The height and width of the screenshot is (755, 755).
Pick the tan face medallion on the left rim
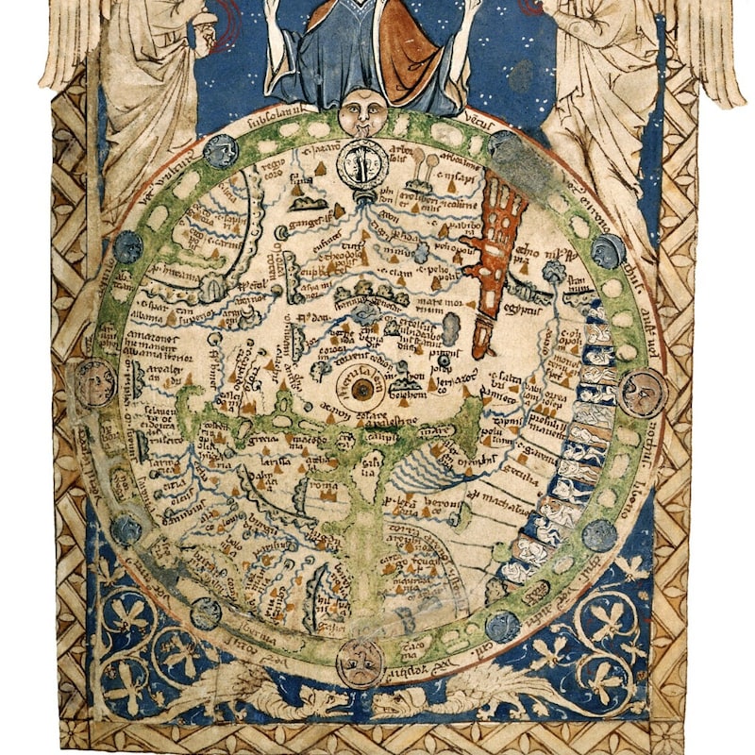click(94, 381)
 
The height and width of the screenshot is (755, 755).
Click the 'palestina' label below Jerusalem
click(401, 422)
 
